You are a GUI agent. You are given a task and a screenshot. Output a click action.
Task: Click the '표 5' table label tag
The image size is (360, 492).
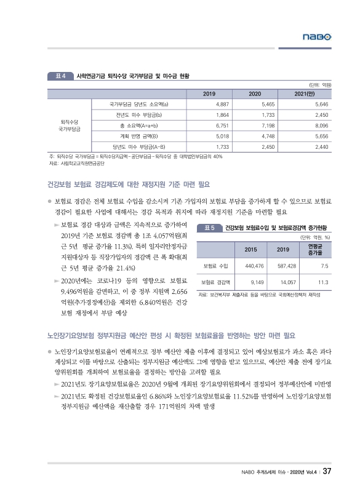(x=208, y=228)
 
